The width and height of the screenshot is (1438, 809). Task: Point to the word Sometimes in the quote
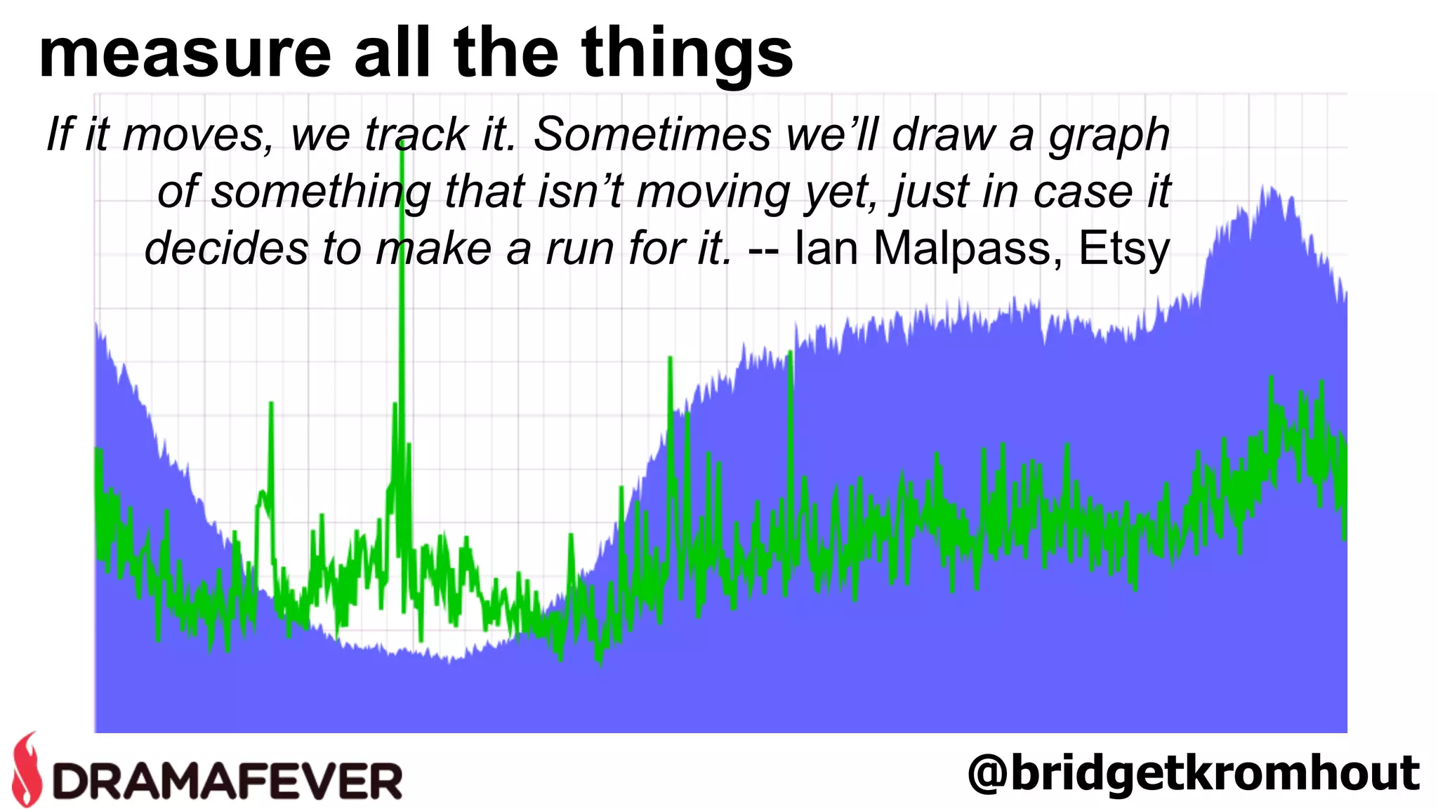[x=652, y=134]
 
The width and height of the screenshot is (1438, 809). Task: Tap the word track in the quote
[x=416, y=134]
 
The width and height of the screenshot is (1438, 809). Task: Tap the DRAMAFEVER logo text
[x=228, y=780]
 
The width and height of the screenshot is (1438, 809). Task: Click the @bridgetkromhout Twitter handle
[x=1193, y=773]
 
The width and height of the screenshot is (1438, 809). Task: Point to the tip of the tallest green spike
[x=402, y=140]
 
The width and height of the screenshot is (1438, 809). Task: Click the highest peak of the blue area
[x=1269, y=187]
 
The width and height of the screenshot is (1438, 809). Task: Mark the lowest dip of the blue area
[x=449, y=660]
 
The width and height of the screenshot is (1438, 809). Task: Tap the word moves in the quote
[x=197, y=136]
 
